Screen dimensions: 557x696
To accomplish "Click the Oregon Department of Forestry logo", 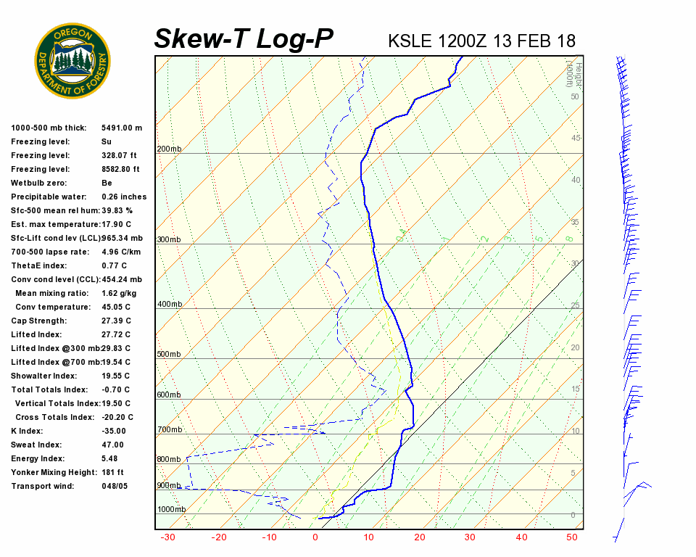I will pyautogui.click(x=72, y=61).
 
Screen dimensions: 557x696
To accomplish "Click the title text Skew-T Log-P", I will pyautogui.click(x=244, y=39).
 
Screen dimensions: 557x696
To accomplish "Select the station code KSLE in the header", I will pyautogui.click(x=410, y=41).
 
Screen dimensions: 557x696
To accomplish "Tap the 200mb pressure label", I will pyautogui.click(x=169, y=149).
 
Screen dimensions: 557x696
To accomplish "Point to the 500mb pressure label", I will pyautogui.click(x=169, y=355).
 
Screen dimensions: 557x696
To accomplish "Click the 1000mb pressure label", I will pyautogui.click(x=171, y=510).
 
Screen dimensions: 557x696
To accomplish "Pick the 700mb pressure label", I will pyautogui.click(x=169, y=430).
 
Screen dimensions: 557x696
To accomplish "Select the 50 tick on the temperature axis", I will pyautogui.click(x=571, y=537).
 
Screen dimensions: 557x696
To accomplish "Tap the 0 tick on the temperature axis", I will pyautogui.click(x=315, y=537).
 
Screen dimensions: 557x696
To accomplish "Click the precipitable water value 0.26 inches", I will pyautogui.click(x=124, y=197).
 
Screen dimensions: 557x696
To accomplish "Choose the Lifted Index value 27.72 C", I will pyautogui.click(x=116, y=334).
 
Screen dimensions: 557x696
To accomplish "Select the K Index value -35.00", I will pyautogui.click(x=114, y=431).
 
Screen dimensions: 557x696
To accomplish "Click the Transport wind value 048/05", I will pyautogui.click(x=115, y=486).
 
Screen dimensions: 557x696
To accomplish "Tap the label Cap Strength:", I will pyautogui.click(x=38, y=321).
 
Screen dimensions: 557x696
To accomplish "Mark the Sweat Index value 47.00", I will pyautogui.click(x=112, y=445).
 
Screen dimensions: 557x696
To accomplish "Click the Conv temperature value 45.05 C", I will pyautogui.click(x=116, y=307).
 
